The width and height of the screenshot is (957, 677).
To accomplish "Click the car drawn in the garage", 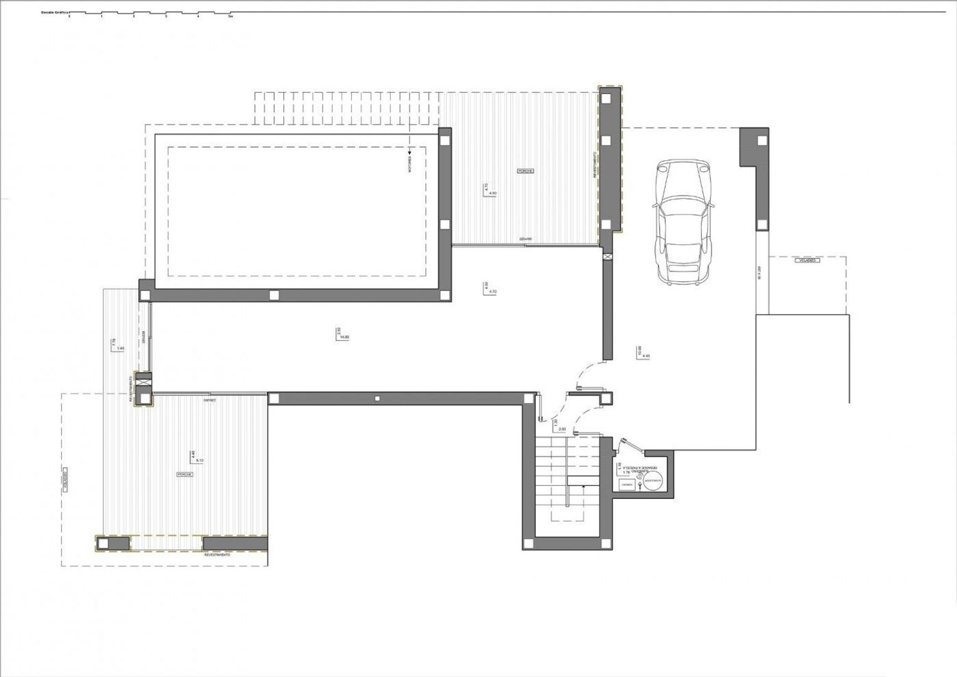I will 684,222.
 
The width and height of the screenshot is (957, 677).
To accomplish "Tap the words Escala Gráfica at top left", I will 55,12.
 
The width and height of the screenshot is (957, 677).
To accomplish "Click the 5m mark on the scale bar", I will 231,18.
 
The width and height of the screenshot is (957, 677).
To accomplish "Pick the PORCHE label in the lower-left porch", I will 184,475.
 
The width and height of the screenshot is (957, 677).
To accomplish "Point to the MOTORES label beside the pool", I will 410,166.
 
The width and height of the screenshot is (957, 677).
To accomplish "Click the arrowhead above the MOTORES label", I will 410,151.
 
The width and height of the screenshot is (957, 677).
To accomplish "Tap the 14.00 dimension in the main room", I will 344,337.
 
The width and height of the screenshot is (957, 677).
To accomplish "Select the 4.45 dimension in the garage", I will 646,355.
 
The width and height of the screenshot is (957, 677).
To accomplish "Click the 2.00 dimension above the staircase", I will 562,429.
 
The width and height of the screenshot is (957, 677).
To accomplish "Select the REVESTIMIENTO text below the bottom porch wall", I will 217,555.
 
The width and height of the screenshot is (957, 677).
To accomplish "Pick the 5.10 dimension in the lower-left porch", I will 200,460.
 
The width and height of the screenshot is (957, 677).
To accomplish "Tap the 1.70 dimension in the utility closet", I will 625,472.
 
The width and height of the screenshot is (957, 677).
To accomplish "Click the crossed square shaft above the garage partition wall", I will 606,256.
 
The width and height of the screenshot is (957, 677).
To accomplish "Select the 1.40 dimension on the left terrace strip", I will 120,348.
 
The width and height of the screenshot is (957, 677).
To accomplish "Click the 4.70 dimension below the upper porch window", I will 492,291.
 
